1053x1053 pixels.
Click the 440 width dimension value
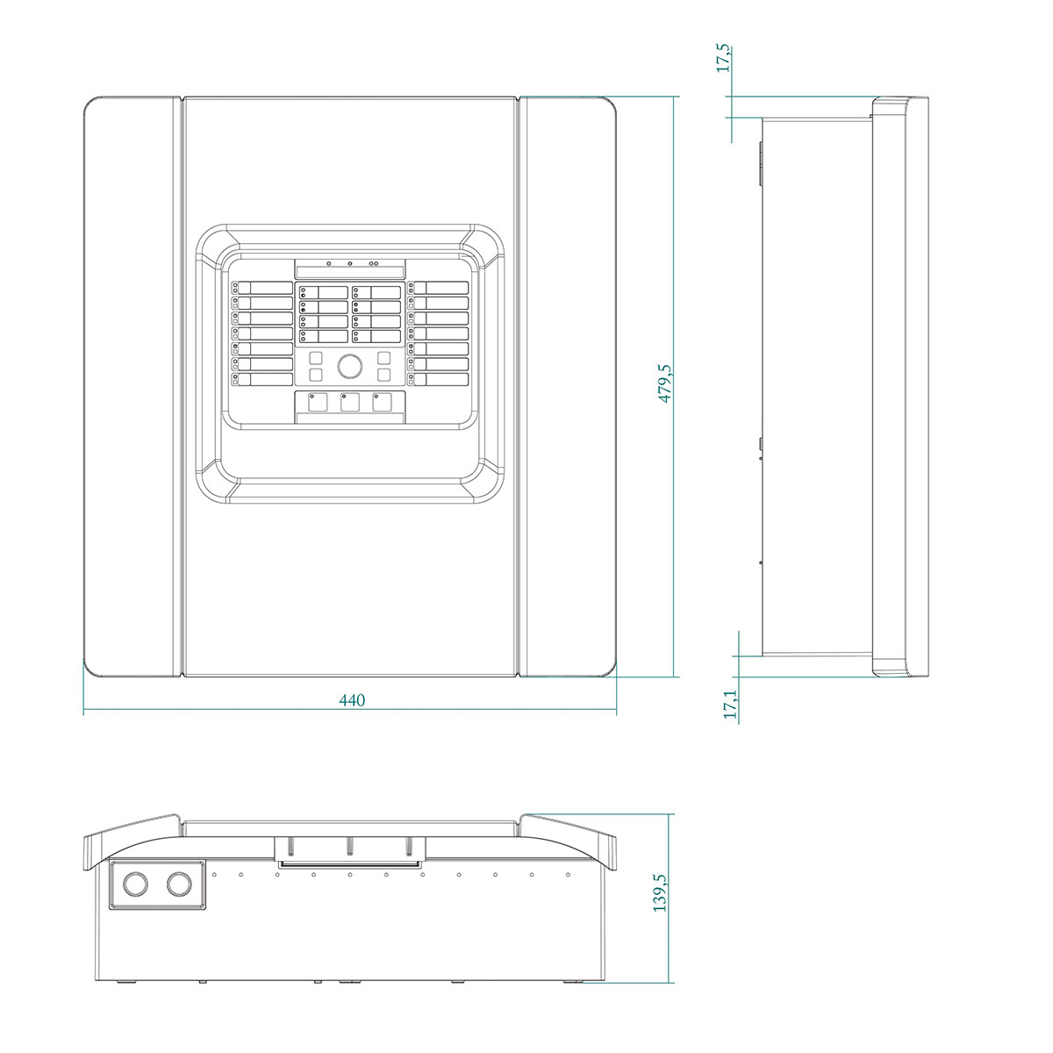pyautogui.click(x=351, y=700)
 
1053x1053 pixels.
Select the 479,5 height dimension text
pyautogui.click(x=665, y=383)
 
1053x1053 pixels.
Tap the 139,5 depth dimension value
pyautogui.click(x=661, y=893)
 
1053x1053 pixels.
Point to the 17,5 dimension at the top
pyautogui.click(x=724, y=59)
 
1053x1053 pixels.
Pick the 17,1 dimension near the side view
pyautogui.click(x=731, y=704)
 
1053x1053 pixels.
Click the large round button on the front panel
pyautogui.click(x=350, y=366)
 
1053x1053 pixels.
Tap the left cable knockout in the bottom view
pyautogui.click(x=135, y=885)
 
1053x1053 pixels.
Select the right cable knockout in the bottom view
pyautogui.click(x=179, y=885)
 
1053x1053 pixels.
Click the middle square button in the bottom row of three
pyautogui.click(x=350, y=402)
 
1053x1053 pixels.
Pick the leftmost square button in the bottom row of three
pyautogui.click(x=318, y=402)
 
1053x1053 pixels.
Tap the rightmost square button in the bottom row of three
pyautogui.click(x=382, y=402)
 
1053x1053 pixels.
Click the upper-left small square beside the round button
pyautogui.click(x=316, y=358)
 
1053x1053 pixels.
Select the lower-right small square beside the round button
pyautogui.click(x=384, y=375)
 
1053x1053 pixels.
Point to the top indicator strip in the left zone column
pyautogui.click(x=262, y=288)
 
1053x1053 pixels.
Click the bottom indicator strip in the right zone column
pyautogui.click(x=438, y=379)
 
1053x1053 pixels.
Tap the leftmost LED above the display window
pyautogui.click(x=328, y=264)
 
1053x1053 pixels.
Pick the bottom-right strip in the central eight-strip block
pyautogui.click(x=376, y=335)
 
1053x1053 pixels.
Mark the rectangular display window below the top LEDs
pyautogui.click(x=350, y=272)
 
